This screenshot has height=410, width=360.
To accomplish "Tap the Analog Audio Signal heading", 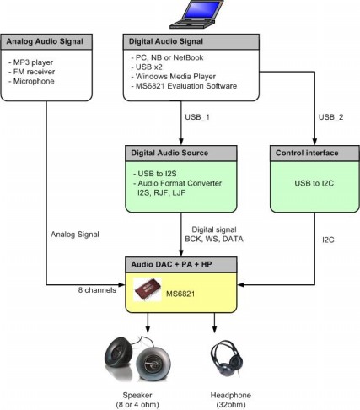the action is pos(45,41).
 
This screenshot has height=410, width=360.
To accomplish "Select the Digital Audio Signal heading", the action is pos(166,41).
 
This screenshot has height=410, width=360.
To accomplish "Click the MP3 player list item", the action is pos(31,62).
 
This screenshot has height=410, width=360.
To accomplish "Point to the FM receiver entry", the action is pos(32,72).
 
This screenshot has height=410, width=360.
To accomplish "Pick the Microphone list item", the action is pos(31,81).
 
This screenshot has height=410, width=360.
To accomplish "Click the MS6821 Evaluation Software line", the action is pos(184,86).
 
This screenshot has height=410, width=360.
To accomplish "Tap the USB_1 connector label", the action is pos(197,117).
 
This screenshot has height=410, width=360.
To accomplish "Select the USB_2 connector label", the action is pos(330,117).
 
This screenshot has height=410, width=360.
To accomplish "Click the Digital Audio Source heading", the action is pos(169,153).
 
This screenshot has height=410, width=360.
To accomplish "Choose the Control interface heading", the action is pos(307,153).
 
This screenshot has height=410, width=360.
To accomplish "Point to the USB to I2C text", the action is pos(314,183).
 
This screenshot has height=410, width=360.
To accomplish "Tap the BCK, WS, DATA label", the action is pos(214,239).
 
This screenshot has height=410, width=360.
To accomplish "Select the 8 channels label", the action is pos(97,290).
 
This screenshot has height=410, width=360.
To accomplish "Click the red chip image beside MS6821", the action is pos(148,289).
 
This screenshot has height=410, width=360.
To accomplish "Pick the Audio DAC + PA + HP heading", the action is pos(171,264).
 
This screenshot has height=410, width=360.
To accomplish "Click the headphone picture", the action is pos(227,359).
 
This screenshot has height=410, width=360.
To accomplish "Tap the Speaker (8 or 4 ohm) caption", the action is pos(137,400).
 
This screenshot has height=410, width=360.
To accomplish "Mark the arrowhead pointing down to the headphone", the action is pos(215,329).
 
